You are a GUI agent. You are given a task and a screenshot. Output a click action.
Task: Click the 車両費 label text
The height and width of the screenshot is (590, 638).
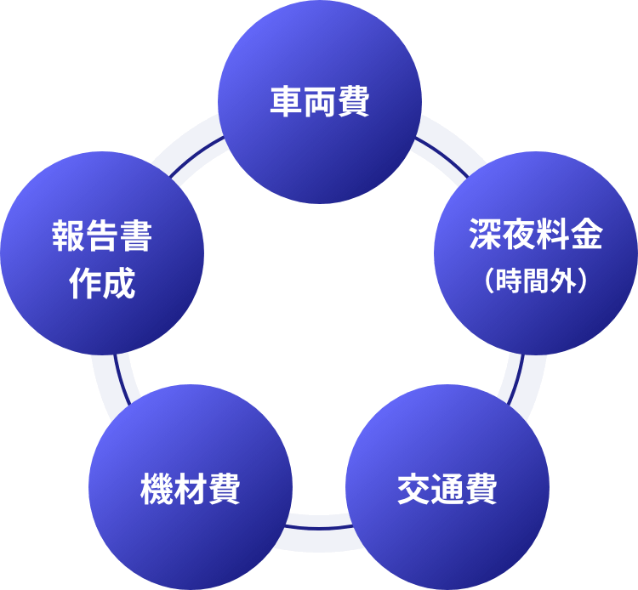pos(319,102)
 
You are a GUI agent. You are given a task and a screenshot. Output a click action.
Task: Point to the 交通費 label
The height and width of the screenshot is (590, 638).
pos(447,491)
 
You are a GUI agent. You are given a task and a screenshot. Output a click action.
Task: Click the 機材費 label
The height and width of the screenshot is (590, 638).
pos(191,491)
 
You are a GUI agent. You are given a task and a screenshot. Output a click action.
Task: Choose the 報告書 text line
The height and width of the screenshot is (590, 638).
pos(102,236)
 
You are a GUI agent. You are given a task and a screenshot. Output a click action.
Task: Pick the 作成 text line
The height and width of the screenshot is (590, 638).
pos(102,284)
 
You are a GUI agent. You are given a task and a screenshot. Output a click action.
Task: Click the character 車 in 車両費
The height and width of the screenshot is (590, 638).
pos(286,102)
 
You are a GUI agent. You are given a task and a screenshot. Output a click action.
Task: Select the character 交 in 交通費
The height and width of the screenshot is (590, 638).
pos(413,491)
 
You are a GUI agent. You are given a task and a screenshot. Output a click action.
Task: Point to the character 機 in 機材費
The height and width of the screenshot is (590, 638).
pos(157,491)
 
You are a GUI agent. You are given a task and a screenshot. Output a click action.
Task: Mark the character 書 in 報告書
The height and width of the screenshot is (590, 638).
pos(135,236)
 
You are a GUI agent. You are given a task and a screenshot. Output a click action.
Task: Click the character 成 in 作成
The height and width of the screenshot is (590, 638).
pos(119,284)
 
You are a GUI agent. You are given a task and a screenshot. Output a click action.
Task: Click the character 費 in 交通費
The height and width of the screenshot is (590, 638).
pos(480,491)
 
